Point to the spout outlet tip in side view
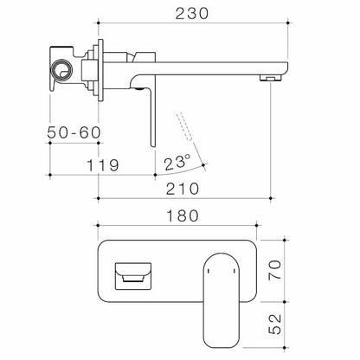coord(273,78)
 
